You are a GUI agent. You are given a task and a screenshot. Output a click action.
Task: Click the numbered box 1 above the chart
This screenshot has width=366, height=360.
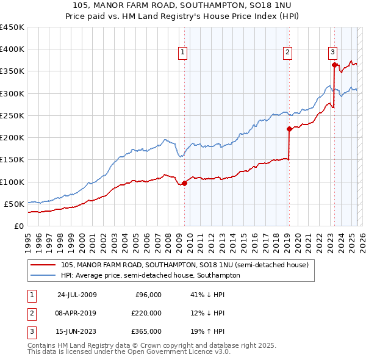click(x=184, y=53)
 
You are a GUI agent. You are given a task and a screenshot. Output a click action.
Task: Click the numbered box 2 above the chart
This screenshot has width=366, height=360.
click(x=287, y=53)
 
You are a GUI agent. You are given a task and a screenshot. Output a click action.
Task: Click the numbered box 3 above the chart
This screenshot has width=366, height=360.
click(x=332, y=53)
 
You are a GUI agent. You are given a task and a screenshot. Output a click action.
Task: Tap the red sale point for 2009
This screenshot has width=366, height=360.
click(x=184, y=183)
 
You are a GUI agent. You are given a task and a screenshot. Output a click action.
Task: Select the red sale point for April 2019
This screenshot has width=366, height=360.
click(x=289, y=129)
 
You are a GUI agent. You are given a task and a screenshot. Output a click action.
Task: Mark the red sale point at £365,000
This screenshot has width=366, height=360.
click(x=334, y=65)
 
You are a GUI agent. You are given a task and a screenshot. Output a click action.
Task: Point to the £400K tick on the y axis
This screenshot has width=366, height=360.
click(x=12, y=49)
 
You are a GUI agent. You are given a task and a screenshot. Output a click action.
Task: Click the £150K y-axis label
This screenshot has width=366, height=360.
click(x=12, y=160)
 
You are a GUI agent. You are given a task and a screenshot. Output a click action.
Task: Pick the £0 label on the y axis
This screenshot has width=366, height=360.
click(x=18, y=226)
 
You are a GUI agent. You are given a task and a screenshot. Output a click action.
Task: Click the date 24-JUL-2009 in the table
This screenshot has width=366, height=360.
click(x=77, y=295)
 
